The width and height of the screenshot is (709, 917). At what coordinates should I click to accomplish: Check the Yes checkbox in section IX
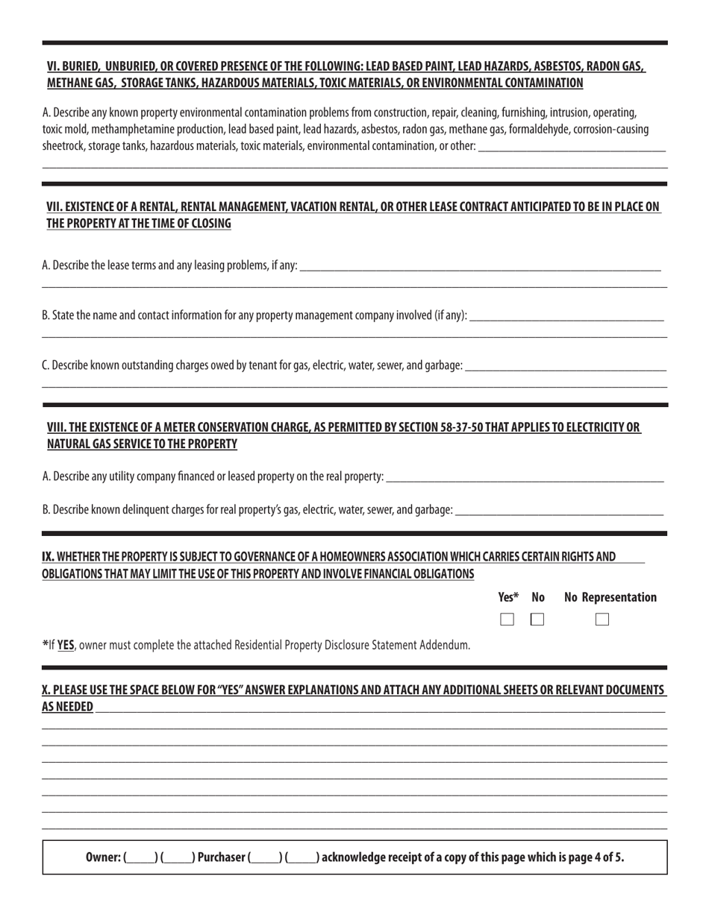coord(507,619)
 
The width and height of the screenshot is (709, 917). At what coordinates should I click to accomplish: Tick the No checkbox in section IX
coord(537,619)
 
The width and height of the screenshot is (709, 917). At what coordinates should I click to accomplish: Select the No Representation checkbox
coord(602,619)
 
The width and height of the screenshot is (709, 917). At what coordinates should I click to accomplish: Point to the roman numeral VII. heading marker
coord(56,207)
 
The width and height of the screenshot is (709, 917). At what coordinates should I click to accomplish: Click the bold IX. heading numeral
coord(49,556)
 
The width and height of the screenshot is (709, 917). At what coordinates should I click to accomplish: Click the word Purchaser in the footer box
coord(221,857)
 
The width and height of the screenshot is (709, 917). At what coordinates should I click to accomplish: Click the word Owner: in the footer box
coord(103,857)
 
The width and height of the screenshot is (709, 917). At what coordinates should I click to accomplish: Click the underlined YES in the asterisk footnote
coord(66,645)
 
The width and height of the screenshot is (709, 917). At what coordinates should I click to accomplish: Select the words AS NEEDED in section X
coord(68,707)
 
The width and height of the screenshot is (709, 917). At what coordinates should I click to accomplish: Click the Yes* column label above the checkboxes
coord(508,597)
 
